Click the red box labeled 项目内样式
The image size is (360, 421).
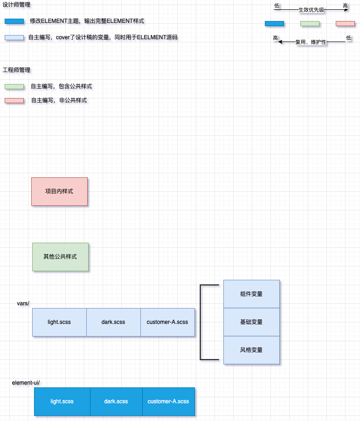[59, 191]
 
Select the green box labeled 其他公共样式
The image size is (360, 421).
[60, 257]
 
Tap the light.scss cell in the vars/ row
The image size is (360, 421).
[59, 322]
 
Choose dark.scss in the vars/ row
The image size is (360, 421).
[113, 322]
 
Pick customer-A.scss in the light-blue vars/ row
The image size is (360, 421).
[167, 322]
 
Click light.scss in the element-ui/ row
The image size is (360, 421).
[62, 401]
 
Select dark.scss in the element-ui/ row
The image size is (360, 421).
[116, 401]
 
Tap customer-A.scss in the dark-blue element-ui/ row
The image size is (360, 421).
[168, 401]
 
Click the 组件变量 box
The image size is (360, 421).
[251, 294]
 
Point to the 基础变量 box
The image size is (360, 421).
[251, 322]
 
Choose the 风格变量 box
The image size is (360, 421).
[251, 350]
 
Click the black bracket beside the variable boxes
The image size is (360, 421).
[201, 322]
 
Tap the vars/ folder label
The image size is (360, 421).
[23, 303]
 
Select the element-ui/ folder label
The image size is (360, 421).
[26, 383]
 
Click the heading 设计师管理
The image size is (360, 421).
[17, 5]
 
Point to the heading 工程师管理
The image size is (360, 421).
[17, 70]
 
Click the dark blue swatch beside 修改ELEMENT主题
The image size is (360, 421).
[14, 21]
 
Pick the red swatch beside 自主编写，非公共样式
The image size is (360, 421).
[14, 100]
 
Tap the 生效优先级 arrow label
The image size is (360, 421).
[312, 10]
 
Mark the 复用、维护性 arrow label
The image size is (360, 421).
[311, 42]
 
